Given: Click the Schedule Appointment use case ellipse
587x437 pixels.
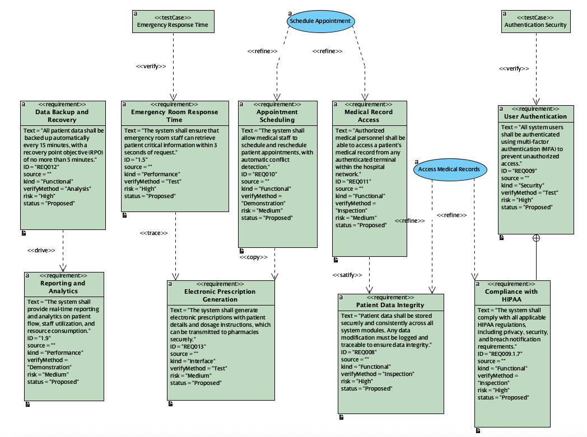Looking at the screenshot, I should (x=321, y=21).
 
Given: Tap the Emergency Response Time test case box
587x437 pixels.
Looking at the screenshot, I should (x=172, y=21).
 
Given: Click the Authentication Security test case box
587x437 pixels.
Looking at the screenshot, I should (x=535, y=21).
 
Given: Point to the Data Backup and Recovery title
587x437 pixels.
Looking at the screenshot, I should (x=62, y=116).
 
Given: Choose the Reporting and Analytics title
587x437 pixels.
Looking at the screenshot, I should (x=63, y=287).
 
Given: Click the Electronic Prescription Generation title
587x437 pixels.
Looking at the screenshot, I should (x=220, y=295).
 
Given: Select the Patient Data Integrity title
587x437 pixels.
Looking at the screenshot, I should (x=390, y=305).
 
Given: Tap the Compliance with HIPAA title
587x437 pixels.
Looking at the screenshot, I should (x=511, y=295).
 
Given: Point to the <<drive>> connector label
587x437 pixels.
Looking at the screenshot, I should (x=41, y=250).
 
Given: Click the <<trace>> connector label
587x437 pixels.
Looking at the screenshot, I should (x=153, y=233).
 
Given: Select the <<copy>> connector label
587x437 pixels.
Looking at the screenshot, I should (x=254, y=257).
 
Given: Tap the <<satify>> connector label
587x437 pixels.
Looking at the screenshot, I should (x=347, y=275).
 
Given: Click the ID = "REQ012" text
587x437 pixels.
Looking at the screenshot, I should (x=41, y=167).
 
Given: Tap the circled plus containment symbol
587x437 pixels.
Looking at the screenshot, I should (x=536, y=238).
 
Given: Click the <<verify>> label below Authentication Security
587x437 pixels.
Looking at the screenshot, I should (x=514, y=69).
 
